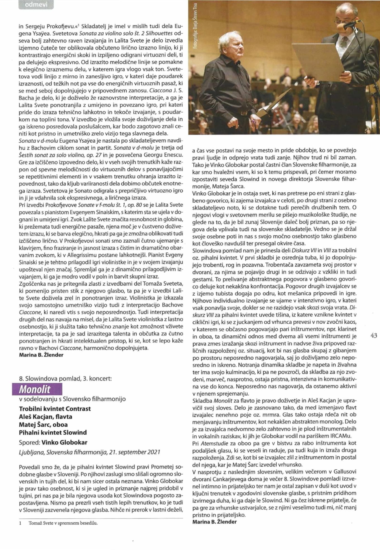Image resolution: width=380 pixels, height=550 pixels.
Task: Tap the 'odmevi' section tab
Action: (x=36, y=5)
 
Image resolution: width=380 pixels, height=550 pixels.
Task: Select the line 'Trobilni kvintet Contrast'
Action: (x=55, y=409)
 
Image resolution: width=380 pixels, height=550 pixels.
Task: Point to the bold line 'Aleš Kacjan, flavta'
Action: (x=46, y=417)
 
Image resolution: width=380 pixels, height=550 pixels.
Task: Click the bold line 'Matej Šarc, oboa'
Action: (x=43, y=424)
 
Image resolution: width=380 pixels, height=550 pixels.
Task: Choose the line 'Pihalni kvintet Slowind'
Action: (x=53, y=432)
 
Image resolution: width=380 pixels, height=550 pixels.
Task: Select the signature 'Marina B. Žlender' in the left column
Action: (x=41, y=355)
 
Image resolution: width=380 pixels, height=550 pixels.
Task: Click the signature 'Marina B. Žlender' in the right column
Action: (x=215, y=522)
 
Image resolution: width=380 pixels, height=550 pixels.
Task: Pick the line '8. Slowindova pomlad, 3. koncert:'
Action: (x=65, y=379)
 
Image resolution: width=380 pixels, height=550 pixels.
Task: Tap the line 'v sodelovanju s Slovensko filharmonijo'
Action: (x=72, y=399)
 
